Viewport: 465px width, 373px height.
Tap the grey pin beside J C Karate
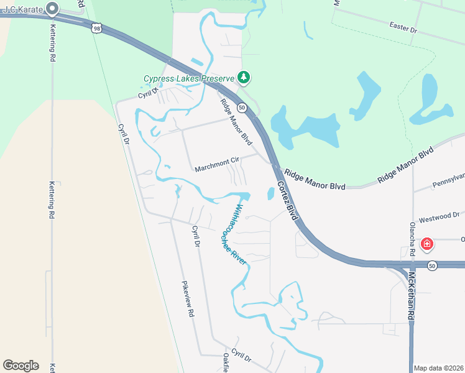coord(52,9)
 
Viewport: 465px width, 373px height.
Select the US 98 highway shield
coord(96,27)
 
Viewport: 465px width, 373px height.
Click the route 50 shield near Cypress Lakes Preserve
coord(242,108)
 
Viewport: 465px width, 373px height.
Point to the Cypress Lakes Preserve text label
coord(189,78)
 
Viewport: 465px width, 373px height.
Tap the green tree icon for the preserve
coord(245,78)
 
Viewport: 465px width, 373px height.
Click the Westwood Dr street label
coord(438,217)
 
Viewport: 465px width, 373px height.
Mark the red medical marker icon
coord(426,244)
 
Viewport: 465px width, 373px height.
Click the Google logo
coord(21,366)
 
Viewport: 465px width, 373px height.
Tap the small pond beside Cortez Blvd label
coord(271,193)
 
